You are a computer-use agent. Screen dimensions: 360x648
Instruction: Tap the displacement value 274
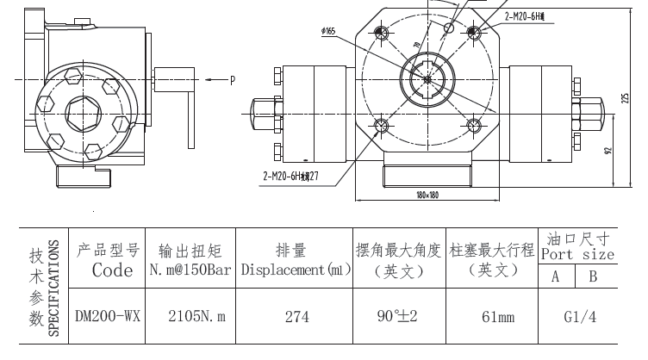[x=296, y=317]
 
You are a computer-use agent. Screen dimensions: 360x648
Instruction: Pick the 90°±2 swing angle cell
[x=396, y=316]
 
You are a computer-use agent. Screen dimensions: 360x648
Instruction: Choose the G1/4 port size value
[x=576, y=317]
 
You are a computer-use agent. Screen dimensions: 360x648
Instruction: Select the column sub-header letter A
[x=557, y=276]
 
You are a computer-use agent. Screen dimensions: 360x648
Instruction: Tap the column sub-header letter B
[x=594, y=276]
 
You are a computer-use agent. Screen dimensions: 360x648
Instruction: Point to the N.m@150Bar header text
[x=191, y=270]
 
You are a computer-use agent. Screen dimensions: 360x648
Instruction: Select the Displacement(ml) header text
[x=296, y=270]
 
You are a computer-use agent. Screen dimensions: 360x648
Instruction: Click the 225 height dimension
[x=625, y=98]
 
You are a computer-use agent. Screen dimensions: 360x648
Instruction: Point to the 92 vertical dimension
[x=609, y=149]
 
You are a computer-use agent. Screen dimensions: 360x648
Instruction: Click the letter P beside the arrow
[x=232, y=81]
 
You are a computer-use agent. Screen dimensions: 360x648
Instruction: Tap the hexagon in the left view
[x=84, y=112]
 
